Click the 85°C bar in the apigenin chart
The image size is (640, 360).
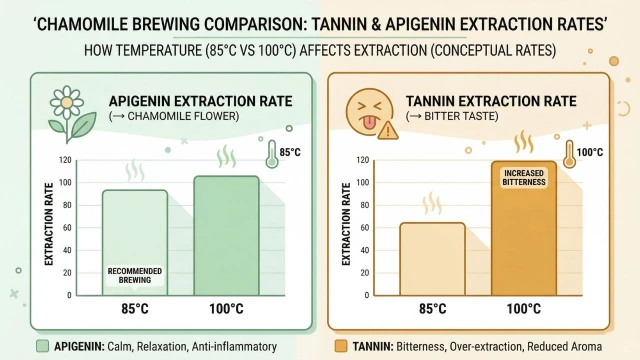click(x=135, y=242)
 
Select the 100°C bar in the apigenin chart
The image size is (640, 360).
click(x=227, y=236)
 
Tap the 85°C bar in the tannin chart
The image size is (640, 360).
click(x=432, y=259)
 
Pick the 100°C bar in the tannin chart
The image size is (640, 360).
click(x=524, y=228)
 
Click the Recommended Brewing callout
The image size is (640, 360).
click(x=135, y=276)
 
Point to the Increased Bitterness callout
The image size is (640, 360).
click(x=524, y=178)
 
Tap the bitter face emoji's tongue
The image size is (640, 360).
click(x=369, y=123)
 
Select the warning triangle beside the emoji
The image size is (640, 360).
click(x=388, y=131)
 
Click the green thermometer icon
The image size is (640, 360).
click(x=272, y=154)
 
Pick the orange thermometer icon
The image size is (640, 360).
click(x=569, y=154)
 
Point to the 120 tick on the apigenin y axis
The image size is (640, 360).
click(x=65, y=160)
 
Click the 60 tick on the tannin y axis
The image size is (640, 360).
click(x=364, y=228)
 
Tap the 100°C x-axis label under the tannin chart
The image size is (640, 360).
click(x=524, y=309)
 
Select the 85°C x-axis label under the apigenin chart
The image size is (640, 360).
click(x=135, y=309)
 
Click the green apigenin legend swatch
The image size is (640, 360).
click(x=42, y=346)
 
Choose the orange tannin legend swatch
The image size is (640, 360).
click(x=341, y=346)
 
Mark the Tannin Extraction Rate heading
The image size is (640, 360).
click(x=491, y=101)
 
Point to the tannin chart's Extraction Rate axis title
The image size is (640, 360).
click(x=346, y=224)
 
